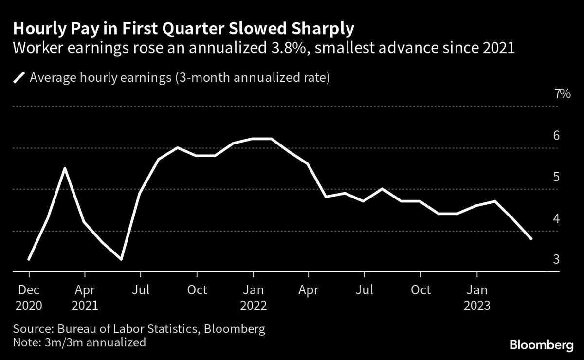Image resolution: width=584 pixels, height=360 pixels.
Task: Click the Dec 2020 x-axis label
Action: (x=29, y=298)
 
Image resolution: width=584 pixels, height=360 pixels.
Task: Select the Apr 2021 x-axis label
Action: (x=85, y=298)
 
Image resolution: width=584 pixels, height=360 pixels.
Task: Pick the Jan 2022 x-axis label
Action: (x=253, y=298)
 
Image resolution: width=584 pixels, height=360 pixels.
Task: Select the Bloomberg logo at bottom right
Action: (x=541, y=345)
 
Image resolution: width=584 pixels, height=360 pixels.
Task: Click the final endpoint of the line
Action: (x=531, y=239)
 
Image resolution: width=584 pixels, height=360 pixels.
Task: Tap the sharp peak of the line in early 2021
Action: (x=66, y=168)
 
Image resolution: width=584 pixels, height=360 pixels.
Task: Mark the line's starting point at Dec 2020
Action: (x=29, y=259)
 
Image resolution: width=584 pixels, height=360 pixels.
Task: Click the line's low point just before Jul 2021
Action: (x=121, y=259)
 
